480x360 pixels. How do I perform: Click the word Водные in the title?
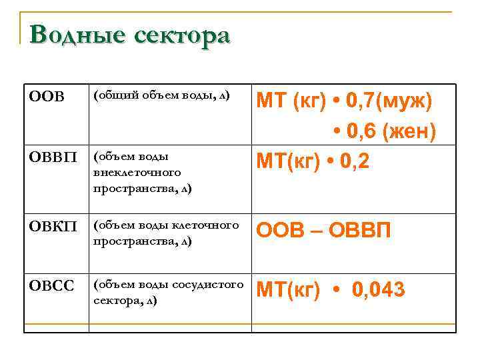click(x=74, y=35)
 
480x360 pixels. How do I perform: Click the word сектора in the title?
click(x=181, y=35)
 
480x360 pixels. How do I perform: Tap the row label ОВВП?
click(x=52, y=159)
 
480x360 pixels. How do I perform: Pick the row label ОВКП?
click(x=52, y=228)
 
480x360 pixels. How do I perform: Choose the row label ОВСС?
click(x=52, y=287)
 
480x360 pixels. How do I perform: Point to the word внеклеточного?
click(x=137, y=173)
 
